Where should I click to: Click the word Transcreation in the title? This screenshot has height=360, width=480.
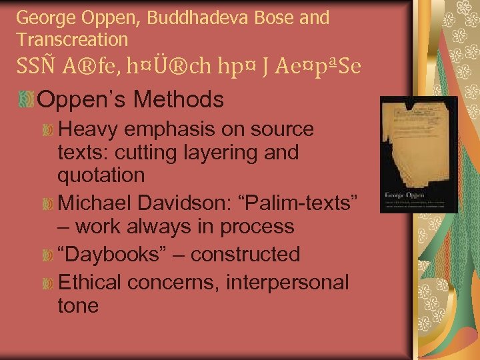tap(72, 39)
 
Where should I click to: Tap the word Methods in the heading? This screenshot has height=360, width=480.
tap(179, 100)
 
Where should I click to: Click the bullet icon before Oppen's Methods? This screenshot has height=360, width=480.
tap(27, 99)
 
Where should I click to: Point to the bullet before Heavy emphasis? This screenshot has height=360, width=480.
tap(47, 129)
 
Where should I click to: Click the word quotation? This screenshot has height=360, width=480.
tap(101, 176)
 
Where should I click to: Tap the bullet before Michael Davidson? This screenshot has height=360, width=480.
tap(47, 203)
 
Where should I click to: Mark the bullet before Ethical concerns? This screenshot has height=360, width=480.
tap(47, 283)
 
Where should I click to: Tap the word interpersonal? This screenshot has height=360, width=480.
tap(287, 282)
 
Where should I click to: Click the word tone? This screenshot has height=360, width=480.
tap(78, 306)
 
